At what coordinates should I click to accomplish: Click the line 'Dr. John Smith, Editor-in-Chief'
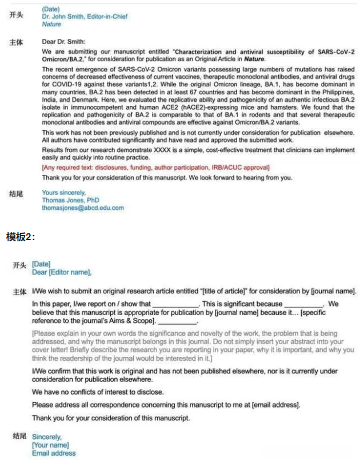[x=85, y=17]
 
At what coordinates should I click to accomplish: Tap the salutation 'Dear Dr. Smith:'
[x=63, y=41]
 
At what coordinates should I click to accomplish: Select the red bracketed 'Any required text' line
[x=155, y=167]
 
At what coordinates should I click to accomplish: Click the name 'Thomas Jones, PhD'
[x=70, y=200]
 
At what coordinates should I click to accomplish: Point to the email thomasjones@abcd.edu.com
[x=82, y=208]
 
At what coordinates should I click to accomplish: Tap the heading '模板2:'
[x=21, y=237]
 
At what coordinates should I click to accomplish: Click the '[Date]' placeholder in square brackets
[x=42, y=264]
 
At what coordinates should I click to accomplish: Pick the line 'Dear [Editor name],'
[x=62, y=272]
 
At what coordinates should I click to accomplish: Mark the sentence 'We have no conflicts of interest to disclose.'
[x=98, y=392]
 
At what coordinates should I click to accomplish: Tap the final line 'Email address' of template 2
[x=54, y=453]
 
